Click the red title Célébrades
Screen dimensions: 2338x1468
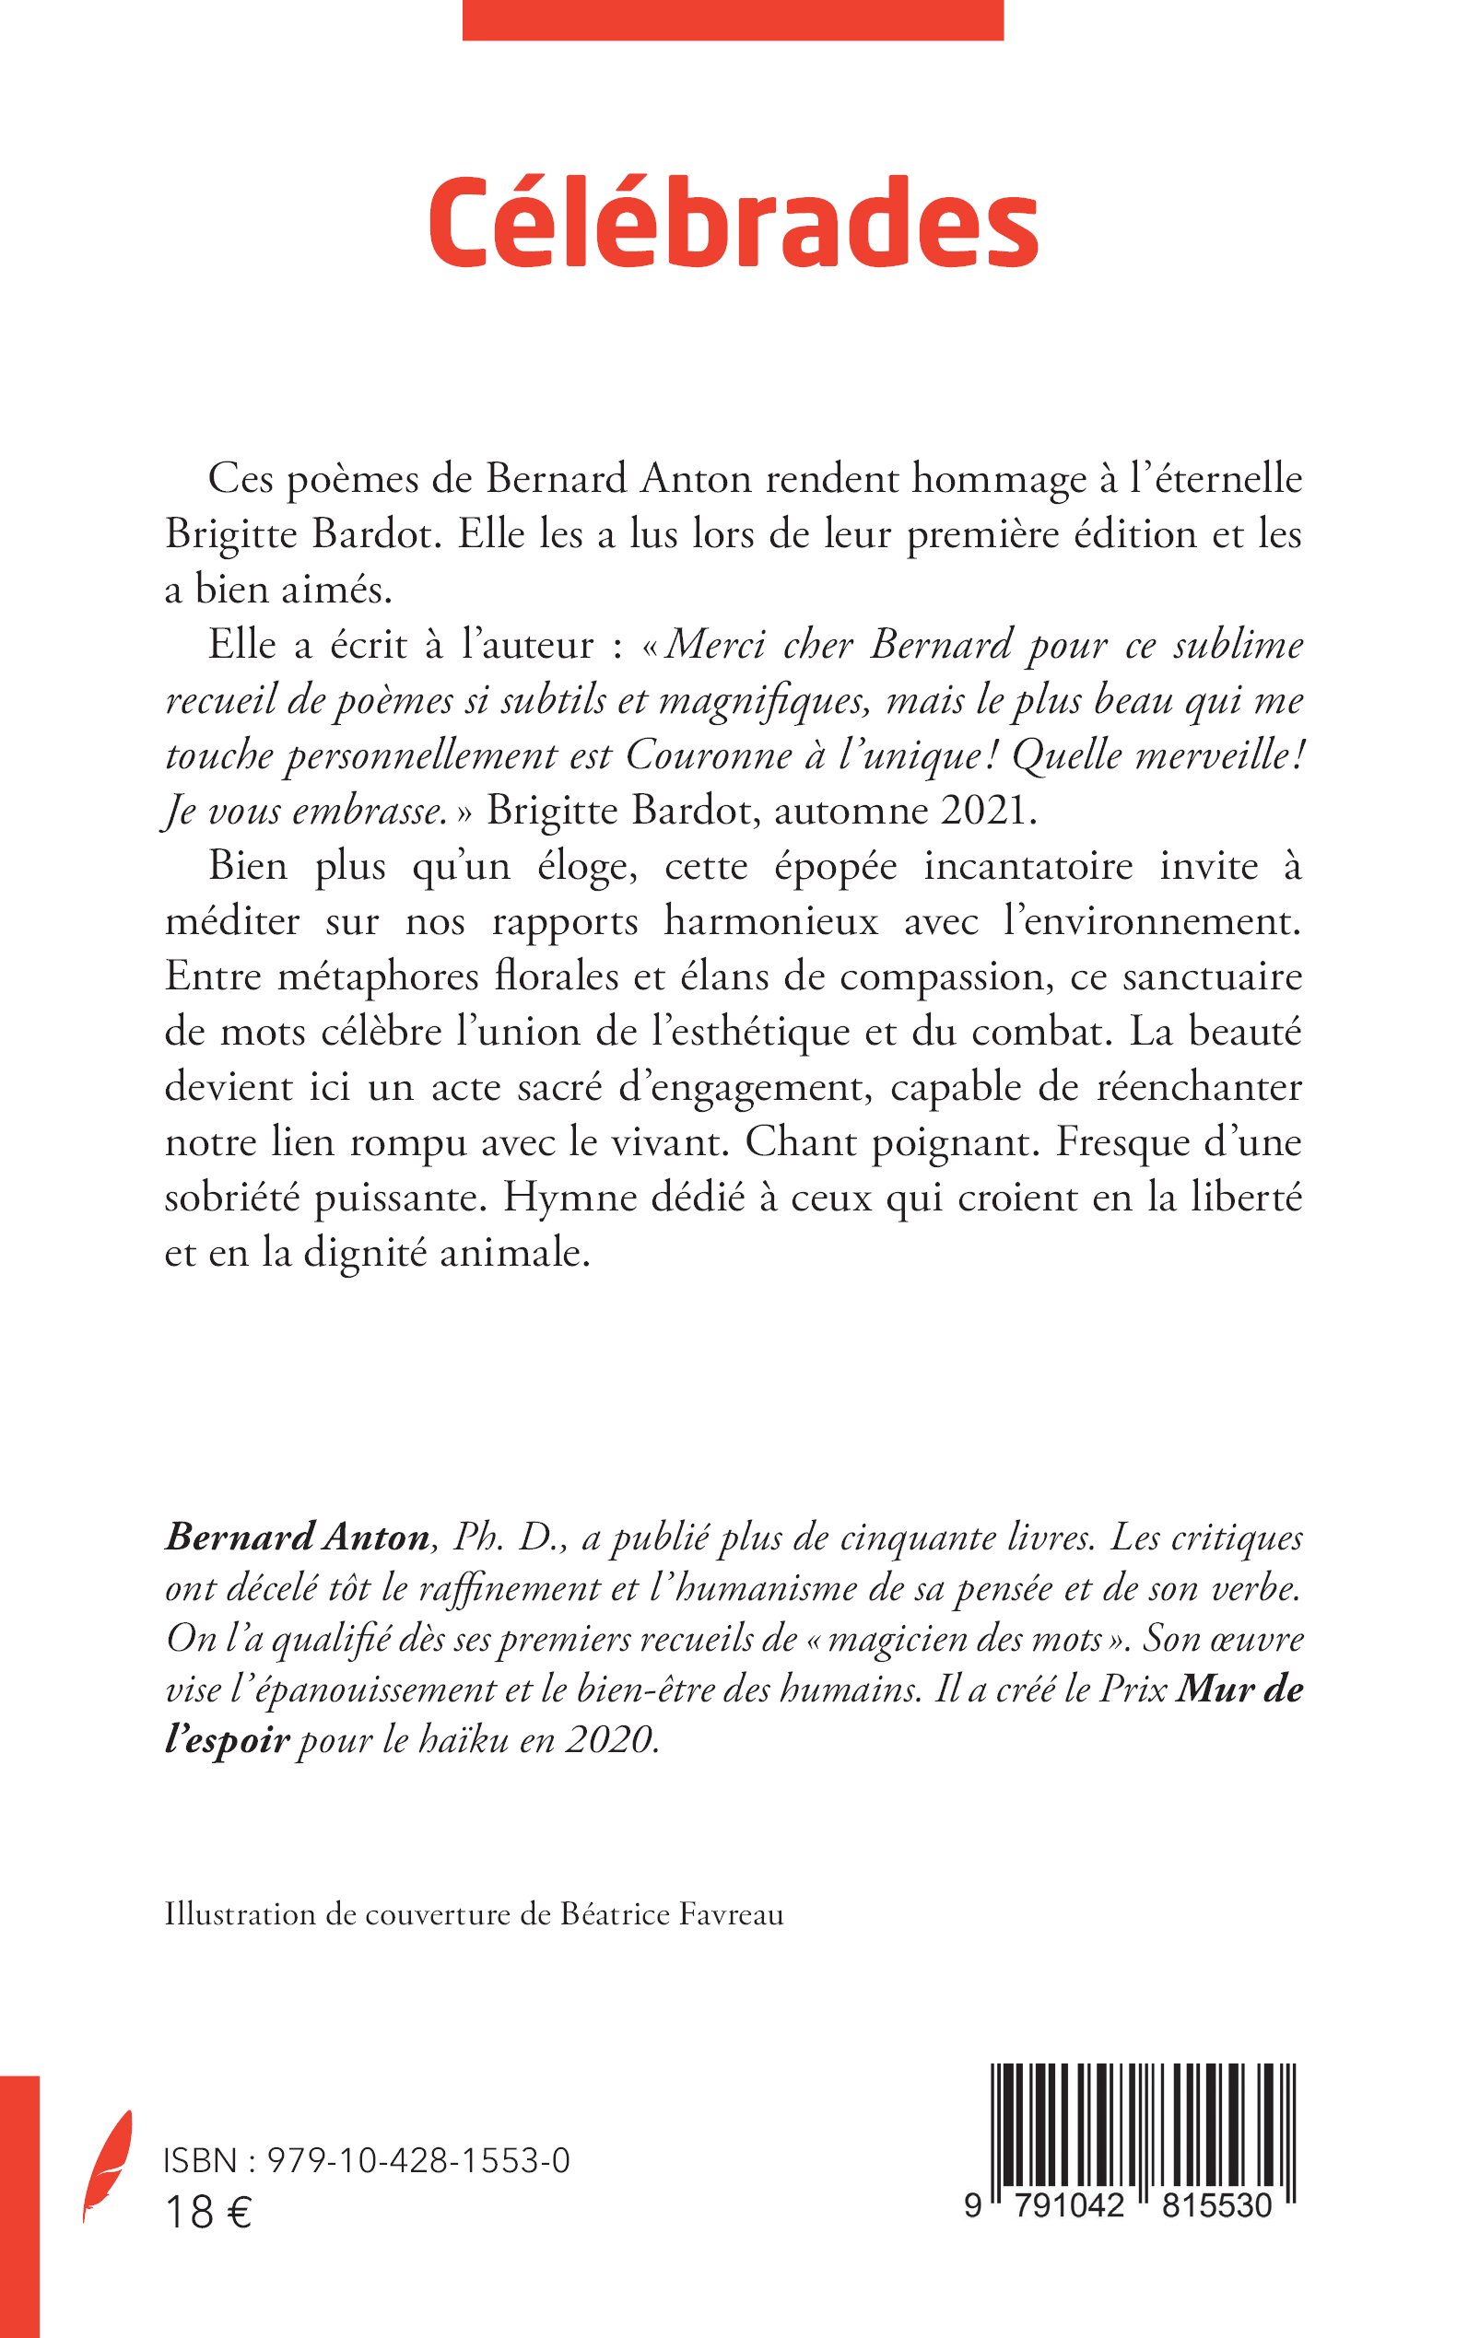(733, 223)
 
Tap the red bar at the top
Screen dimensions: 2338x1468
(732, 19)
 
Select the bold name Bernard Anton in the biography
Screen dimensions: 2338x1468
(297, 1565)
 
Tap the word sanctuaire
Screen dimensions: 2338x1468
(1211, 976)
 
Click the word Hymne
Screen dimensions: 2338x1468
(565, 1197)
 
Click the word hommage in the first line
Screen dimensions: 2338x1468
(956, 478)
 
